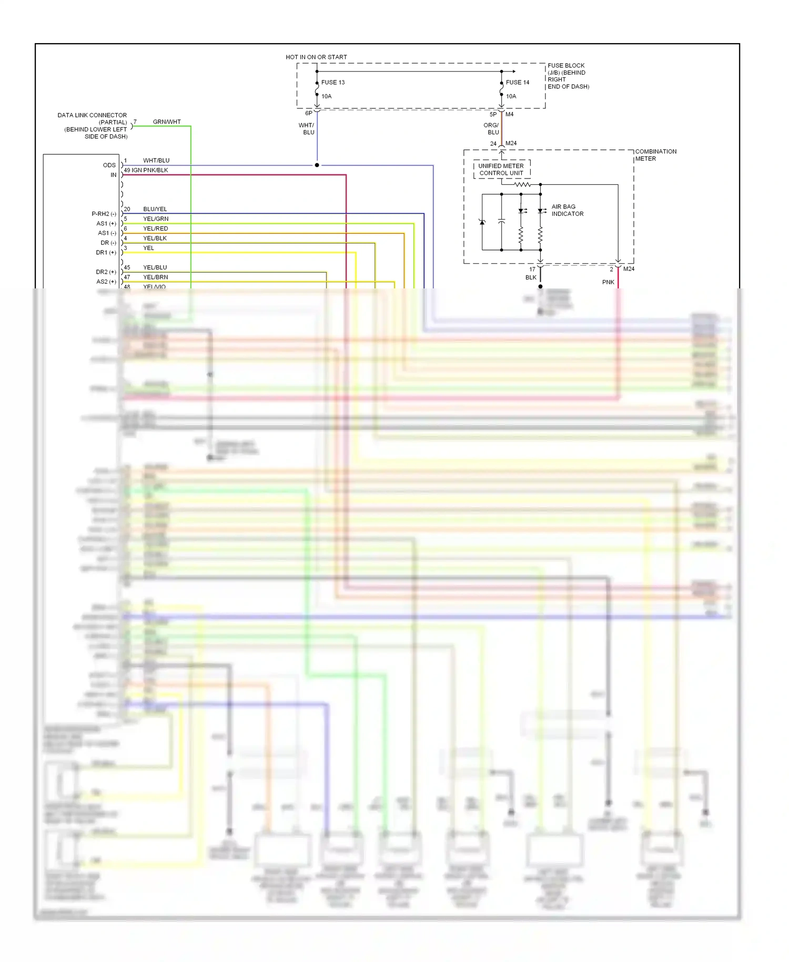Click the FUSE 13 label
coord(332,83)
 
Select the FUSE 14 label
coord(517,83)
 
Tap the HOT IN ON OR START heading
coord(316,57)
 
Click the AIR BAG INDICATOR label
coord(567,210)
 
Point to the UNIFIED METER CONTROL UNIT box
coord(501,169)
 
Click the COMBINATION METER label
coord(655,155)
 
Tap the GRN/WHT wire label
coord(167,122)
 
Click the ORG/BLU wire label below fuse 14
coord(491,129)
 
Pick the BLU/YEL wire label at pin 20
coord(155,209)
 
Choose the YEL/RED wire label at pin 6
coord(155,228)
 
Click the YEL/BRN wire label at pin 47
coord(155,277)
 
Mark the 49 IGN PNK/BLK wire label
coord(146,170)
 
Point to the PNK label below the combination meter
coord(608,282)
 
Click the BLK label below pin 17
coord(531,277)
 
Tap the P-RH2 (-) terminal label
coord(104,214)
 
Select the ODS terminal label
coord(109,165)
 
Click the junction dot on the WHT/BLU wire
coord(317,165)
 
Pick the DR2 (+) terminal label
coord(106,272)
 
